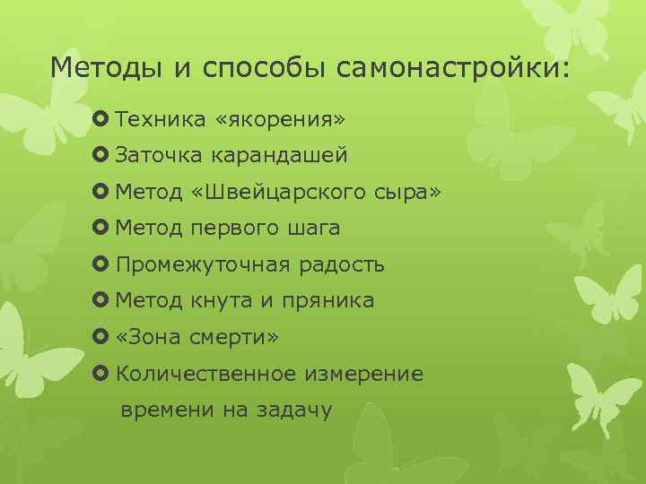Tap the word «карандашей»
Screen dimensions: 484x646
279,156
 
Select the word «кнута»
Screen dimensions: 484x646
222,301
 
